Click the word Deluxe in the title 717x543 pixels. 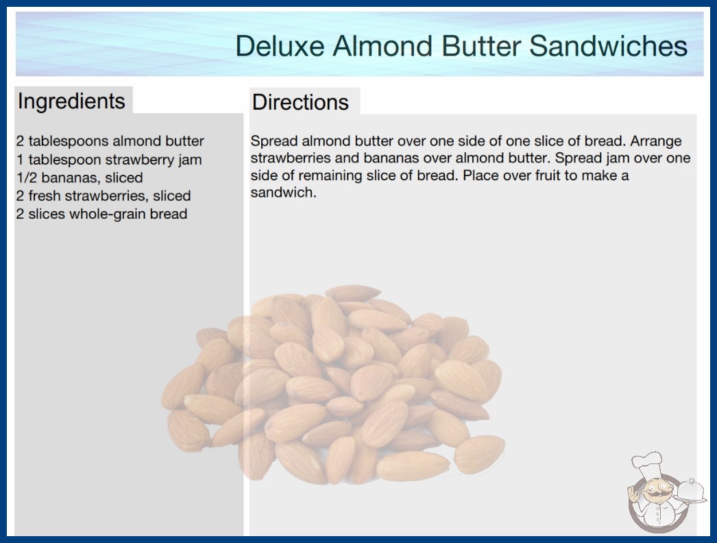pos(280,46)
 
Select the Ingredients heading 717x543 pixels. pos(71,101)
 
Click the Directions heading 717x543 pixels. pos(300,102)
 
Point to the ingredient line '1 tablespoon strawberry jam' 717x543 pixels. pos(109,160)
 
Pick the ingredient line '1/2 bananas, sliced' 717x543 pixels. pos(80,178)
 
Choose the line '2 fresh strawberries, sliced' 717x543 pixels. pos(104,196)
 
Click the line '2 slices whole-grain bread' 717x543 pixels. pos(101,214)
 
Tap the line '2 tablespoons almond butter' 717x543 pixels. pos(110,141)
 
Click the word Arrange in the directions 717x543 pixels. pos(656,141)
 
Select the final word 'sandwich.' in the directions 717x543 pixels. pos(284,193)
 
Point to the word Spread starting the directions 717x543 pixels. pos(274,141)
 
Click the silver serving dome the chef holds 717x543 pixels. pos(691,490)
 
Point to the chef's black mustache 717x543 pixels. pos(655,493)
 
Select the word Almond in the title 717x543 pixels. pos(382,46)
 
